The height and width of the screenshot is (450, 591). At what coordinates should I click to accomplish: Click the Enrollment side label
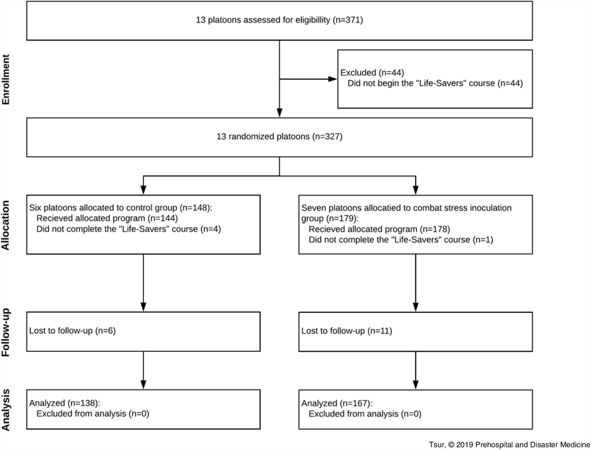(x=6, y=80)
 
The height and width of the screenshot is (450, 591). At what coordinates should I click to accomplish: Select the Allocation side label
(x=6, y=225)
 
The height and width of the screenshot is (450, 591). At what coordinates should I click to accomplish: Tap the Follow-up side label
(x=6, y=332)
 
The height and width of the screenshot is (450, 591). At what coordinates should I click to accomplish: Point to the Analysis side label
(x=6, y=410)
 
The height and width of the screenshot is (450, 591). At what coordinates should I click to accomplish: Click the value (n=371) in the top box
(x=348, y=20)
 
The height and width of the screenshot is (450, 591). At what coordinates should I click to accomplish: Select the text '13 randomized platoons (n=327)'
(x=279, y=136)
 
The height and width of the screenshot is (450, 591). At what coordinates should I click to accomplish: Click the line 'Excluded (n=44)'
(x=372, y=73)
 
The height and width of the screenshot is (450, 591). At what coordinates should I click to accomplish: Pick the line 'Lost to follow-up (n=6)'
(x=72, y=331)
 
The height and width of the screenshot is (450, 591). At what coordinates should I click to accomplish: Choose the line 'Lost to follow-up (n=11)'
(x=347, y=331)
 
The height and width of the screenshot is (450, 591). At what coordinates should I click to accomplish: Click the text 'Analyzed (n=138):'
(x=65, y=403)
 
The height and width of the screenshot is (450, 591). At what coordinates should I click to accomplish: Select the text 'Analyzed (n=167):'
(x=337, y=403)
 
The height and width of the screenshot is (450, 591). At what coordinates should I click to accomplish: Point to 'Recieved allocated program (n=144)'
(x=107, y=218)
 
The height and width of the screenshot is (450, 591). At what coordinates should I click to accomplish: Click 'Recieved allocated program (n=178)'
(x=379, y=229)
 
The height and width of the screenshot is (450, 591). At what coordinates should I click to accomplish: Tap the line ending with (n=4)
(x=128, y=229)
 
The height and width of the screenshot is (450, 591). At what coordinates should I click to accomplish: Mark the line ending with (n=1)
(x=401, y=240)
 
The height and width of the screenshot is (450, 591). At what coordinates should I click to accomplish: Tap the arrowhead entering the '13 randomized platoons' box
(x=279, y=113)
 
